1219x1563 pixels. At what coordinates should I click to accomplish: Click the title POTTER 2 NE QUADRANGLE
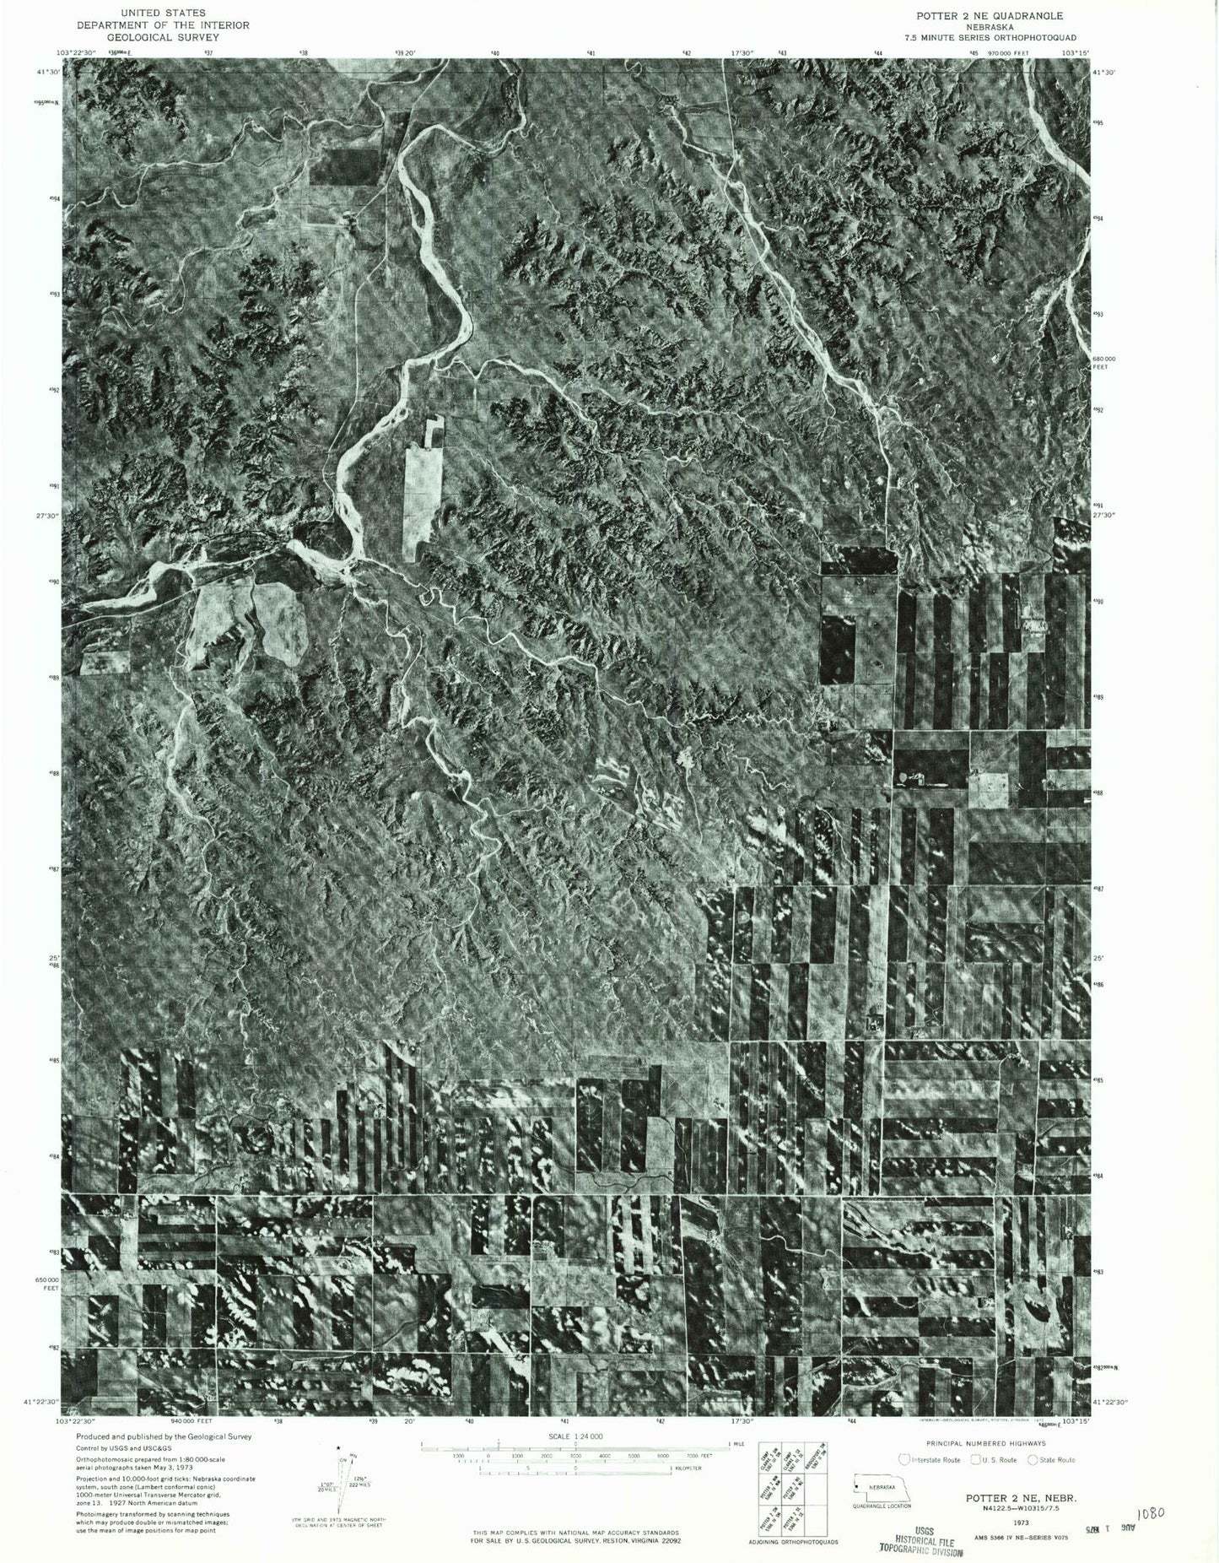point(990,15)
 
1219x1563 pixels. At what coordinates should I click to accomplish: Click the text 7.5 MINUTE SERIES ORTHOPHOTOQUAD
point(991,37)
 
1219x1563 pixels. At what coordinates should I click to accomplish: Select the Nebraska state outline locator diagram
point(881,1487)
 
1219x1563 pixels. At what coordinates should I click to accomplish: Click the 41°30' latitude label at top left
point(48,72)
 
